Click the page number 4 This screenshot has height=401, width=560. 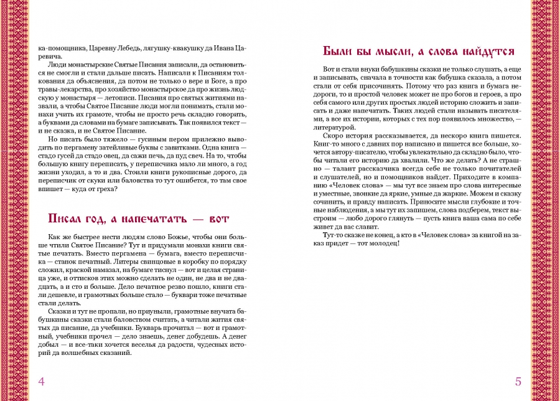[41, 381]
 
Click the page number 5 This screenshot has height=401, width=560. [518, 381]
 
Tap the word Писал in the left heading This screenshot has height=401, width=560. [68, 219]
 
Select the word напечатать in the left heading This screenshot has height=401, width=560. [152, 219]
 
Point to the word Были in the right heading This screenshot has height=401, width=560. [338, 51]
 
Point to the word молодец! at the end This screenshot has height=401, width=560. [390, 243]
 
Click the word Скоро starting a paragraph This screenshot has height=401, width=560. [334, 136]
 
